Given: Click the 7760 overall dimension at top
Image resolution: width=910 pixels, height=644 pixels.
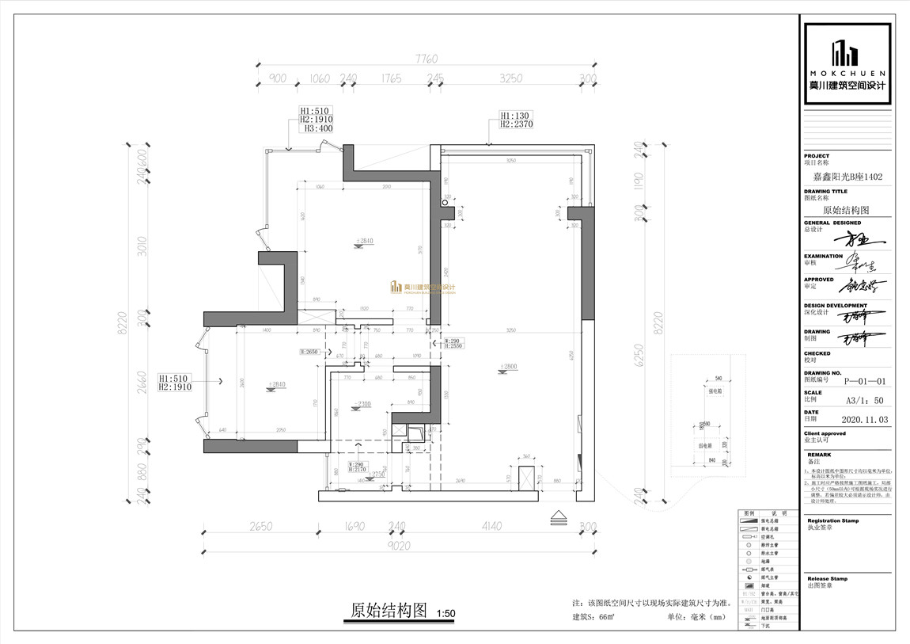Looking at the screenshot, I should click(426, 59).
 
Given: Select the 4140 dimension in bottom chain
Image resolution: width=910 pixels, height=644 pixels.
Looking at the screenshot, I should click(491, 525).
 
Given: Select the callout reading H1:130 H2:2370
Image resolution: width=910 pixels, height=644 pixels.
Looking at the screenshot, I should click(516, 120).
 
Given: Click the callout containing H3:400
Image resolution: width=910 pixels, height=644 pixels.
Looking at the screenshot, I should click(314, 120).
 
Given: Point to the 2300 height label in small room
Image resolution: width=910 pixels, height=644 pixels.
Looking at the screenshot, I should click(363, 404).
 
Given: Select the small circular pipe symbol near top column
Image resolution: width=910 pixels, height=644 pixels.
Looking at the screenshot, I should click(445, 203).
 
